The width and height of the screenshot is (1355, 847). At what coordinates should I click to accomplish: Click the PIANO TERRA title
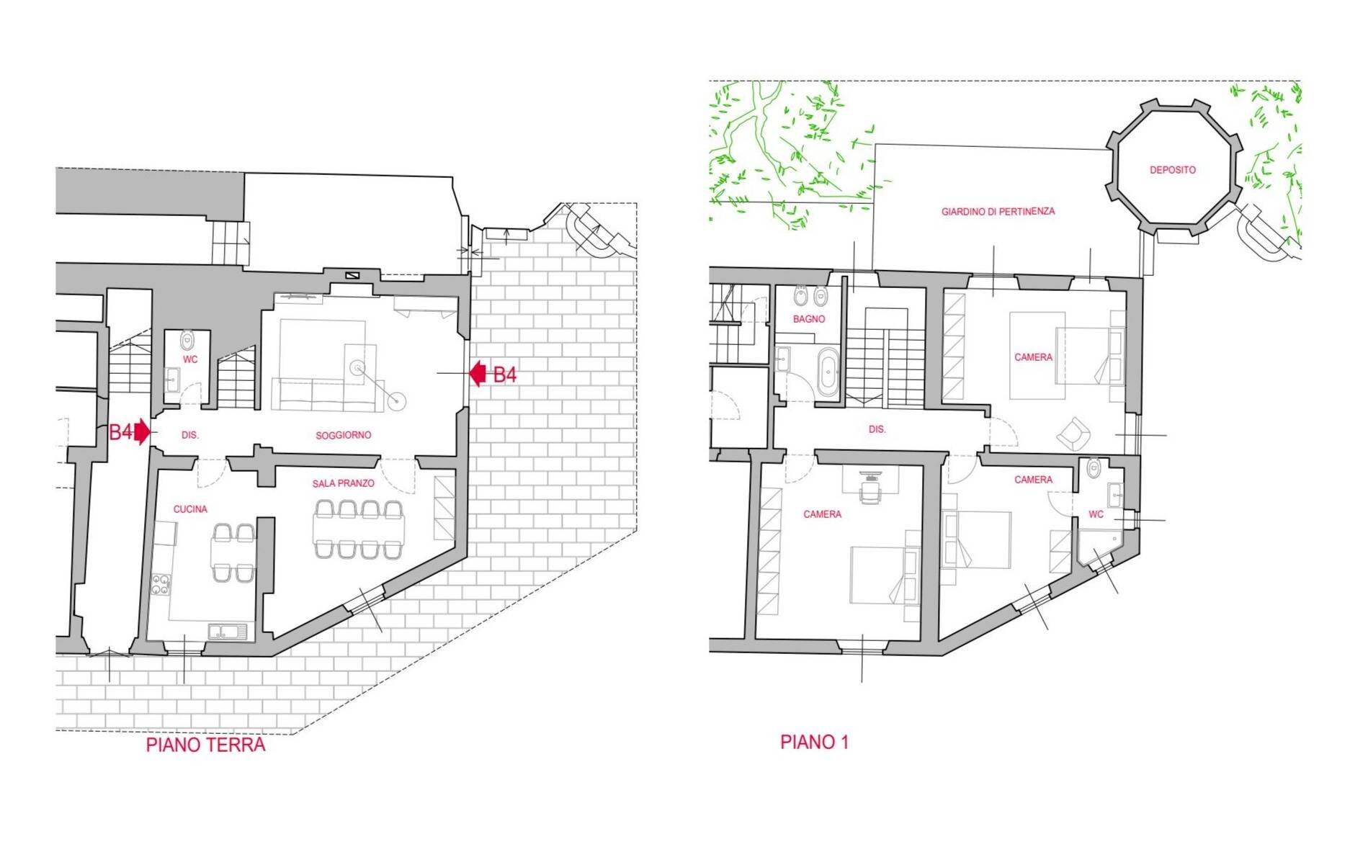click(x=205, y=744)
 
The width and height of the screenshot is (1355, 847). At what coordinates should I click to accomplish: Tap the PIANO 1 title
click(x=814, y=742)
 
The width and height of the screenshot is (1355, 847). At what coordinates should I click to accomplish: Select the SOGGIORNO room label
click(x=343, y=435)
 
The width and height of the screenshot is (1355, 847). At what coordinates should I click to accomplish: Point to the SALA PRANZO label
click(x=343, y=483)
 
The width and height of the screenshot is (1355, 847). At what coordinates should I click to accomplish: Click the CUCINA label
click(x=190, y=509)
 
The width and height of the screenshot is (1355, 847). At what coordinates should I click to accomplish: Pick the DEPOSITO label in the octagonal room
click(x=1172, y=170)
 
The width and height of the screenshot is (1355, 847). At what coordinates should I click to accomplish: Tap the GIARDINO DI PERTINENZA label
click(x=998, y=212)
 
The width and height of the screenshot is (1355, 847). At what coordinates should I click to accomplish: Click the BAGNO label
click(x=808, y=319)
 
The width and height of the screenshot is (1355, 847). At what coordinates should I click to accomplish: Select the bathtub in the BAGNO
click(x=827, y=372)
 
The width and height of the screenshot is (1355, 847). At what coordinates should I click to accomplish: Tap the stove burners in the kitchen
click(x=160, y=584)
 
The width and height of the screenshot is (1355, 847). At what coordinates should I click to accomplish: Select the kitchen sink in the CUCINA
click(x=227, y=632)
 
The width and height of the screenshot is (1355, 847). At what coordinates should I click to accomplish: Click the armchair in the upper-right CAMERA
click(x=1073, y=434)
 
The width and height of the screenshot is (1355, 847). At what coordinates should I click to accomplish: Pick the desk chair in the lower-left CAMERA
click(x=871, y=492)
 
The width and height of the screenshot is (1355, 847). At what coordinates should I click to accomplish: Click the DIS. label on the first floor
click(x=877, y=429)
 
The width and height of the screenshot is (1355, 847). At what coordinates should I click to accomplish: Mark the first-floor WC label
click(x=1096, y=514)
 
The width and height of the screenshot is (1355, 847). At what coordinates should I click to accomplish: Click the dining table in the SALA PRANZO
click(x=359, y=530)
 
